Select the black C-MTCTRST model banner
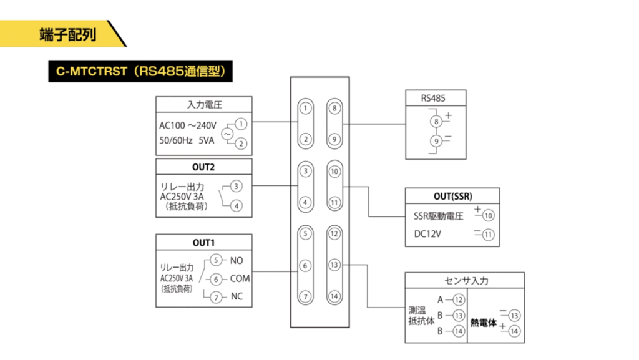(x=141, y=71)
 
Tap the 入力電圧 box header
(x=204, y=104)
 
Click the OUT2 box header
(x=204, y=167)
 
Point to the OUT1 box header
(x=204, y=242)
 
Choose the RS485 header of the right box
(x=434, y=97)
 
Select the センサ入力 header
(x=465, y=280)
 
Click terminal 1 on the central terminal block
(x=305, y=109)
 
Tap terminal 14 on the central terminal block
(x=335, y=296)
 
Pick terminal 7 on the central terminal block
(x=305, y=296)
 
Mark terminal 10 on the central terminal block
(x=335, y=170)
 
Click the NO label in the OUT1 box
(x=237, y=260)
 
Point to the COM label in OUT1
(x=240, y=279)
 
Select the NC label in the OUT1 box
(x=237, y=297)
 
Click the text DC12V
(x=427, y=235)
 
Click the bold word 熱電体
(x=484, y=324)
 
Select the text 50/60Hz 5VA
(x=187, y=141)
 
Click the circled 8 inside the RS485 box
(x=436, y=120)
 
